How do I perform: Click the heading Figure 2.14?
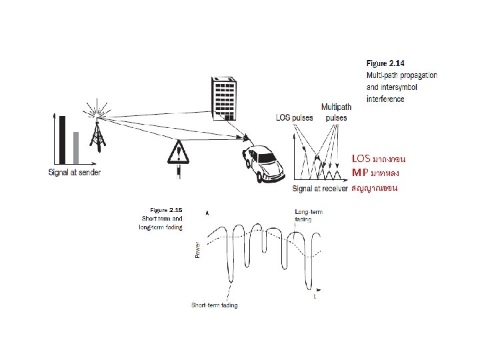tap(386, 63)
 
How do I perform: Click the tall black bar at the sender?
tap(63, 139)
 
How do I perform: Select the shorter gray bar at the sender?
tap(76, 147)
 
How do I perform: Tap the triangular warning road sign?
tap(177, 155)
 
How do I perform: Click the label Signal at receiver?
tap(320, 189)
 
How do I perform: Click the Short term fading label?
tap(215, 305)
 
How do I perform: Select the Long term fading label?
tap(308, 215)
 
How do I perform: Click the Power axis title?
tap(197, 249)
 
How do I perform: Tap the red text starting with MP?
tap(375, 173)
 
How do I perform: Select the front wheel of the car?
tap(259, 177)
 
